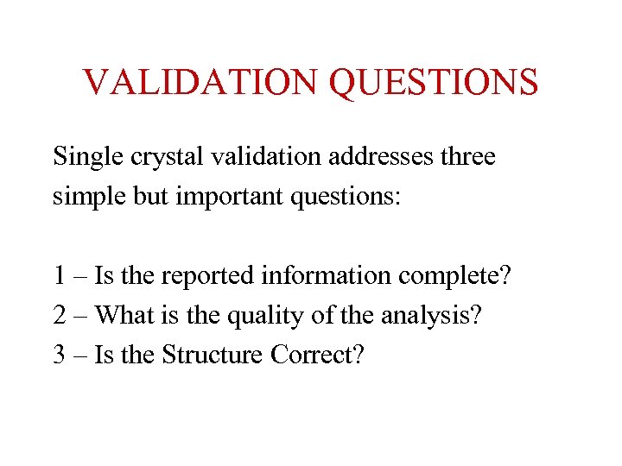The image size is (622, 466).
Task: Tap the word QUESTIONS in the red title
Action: (434, 83)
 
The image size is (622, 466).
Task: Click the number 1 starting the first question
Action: (59, 276)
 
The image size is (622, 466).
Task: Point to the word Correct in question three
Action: (319, 354)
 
